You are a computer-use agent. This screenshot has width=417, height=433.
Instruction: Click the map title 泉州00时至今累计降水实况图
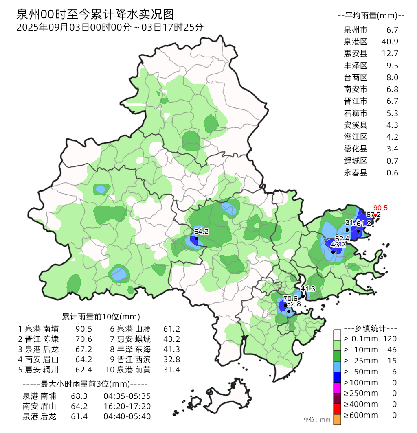coord(95,15)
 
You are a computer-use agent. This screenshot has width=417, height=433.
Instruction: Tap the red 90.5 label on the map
coord(380,208)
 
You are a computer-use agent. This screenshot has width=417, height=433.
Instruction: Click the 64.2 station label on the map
coord(201,231)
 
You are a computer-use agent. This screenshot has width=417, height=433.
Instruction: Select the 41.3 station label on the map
coord(308,289)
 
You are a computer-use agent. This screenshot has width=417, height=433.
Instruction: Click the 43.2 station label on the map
coord(338,245)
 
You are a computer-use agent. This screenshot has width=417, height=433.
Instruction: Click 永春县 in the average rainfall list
coord(356,173)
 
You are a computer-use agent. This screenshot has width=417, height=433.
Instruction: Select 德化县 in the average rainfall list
coord(356,149)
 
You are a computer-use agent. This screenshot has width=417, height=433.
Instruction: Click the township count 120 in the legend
coord(390,339)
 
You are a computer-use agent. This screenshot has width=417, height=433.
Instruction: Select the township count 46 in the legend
coord(392,350)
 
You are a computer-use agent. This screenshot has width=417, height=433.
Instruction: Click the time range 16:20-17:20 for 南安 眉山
coord(127,406)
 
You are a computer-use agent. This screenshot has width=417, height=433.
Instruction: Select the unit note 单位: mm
coord(317,420)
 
